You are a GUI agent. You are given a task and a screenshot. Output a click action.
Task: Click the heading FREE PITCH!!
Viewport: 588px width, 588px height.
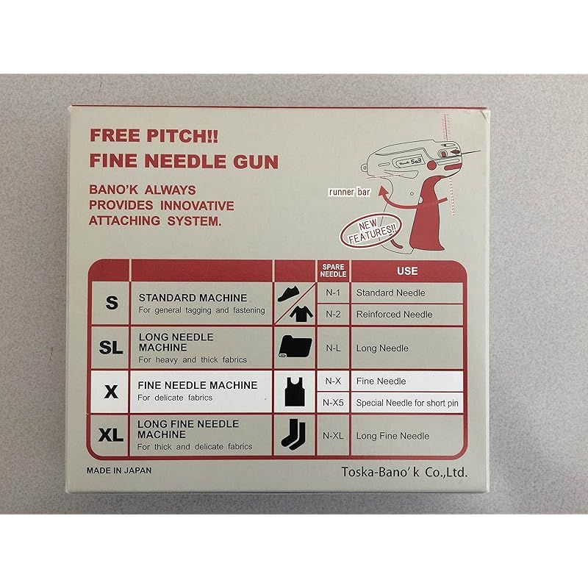(x=154, y=136)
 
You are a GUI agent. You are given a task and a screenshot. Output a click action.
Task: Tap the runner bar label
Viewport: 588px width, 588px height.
(x=349, y=192)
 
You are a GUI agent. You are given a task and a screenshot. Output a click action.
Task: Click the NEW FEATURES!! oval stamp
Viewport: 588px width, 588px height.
(x=370, y=230)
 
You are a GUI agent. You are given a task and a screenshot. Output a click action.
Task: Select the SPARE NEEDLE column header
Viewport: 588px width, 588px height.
(x=333, y=270)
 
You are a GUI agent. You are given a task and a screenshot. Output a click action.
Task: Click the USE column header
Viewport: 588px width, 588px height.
(x=407, y=270)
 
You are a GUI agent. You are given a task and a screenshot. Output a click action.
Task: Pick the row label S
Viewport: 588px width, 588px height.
(x=112, y=303)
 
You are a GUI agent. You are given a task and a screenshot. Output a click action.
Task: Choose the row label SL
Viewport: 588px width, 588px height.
(x=111, y=347)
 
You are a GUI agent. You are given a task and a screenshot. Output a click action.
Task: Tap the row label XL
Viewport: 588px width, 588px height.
(x=111, y=435)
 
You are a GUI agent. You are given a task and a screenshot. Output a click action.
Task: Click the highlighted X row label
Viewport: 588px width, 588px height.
(x=111, y=392)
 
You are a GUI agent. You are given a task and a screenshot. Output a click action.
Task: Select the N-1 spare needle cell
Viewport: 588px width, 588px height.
(x=333, y=293)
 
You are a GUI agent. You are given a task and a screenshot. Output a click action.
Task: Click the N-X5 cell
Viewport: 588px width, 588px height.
(x=333, y=403)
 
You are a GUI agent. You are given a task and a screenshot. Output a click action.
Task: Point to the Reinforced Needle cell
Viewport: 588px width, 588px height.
(x=394, y=315)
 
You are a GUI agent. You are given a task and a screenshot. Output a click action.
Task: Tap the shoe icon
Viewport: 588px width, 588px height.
(x=288, y=294)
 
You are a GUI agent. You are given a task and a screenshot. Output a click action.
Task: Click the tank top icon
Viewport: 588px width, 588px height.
(x=295, y=392)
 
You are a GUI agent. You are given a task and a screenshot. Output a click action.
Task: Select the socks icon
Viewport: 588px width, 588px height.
(x=293, y=434)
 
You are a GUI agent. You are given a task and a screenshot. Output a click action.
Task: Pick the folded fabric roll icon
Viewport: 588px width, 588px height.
(x=295, y=346)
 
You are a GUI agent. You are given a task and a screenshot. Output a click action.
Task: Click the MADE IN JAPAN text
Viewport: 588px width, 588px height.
(x=119, y=470)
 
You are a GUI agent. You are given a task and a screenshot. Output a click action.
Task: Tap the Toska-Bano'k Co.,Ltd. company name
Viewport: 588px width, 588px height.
(x=404, y=472)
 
